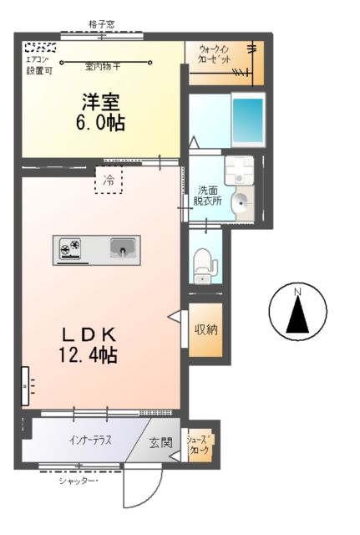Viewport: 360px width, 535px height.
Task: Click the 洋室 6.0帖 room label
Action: [x=101, y=113]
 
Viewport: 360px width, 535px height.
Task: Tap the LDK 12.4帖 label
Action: [x=87, y=344]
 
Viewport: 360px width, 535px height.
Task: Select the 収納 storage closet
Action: [x=206, y=329]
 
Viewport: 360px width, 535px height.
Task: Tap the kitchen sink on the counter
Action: [x=124, y=248]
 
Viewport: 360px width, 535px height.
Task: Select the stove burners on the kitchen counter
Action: [x=70, y=247]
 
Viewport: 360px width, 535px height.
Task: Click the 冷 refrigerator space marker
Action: [x=109, y=179]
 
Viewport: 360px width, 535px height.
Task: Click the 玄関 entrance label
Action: [x=160, y=443]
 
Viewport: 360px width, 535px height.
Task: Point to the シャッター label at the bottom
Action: [x=79, y=480]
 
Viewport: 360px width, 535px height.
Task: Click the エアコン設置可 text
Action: [x=38, y=65]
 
